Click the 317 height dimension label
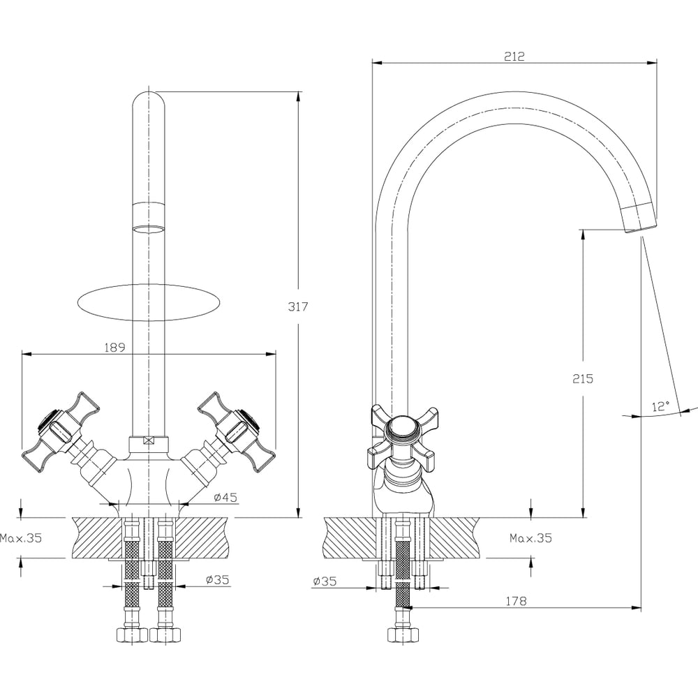[297, 306]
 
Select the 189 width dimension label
[114, 346]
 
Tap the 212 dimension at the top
[514, 56]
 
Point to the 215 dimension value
[582, 379]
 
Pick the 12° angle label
[660, 406]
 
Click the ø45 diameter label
[225, 497]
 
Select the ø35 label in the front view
[218, 579]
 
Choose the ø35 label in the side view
[326, 581]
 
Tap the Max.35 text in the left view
[21, 538]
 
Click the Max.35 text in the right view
[530, 538]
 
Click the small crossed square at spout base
[149, 440]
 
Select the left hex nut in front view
[131, 634]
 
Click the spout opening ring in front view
[149, 230]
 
